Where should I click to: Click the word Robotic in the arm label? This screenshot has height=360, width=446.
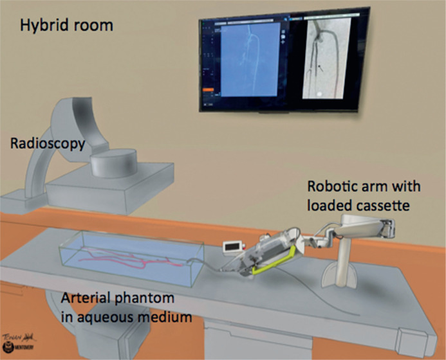(x=332, y=186)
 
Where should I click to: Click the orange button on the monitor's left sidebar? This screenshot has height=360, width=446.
(x=209, y=97)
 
